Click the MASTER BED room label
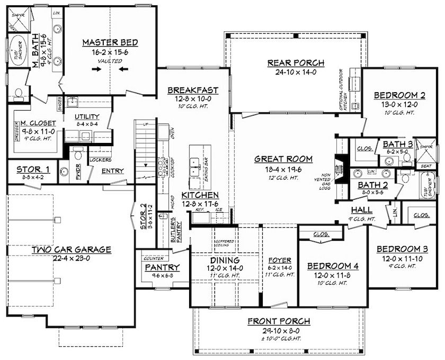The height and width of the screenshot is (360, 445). [110, 42]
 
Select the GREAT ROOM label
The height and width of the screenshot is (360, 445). [283, 159]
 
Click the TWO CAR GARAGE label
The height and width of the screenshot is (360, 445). [71, 250]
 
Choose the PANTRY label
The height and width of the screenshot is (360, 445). [163, 267]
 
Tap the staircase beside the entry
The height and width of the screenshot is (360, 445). [145, 143]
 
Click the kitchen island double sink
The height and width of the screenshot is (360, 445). [195, 168]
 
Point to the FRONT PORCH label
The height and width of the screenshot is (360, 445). [279, 321]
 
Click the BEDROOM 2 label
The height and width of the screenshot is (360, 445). [399, 95]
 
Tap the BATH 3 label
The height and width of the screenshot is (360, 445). [396, 144]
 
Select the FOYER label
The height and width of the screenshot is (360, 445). [280, 260]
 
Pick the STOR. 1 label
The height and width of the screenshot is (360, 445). [33, 169]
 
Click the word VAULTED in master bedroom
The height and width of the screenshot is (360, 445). [110, 61]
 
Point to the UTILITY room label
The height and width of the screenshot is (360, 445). [87, 116]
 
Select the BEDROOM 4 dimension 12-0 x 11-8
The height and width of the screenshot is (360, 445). [333, 275]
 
